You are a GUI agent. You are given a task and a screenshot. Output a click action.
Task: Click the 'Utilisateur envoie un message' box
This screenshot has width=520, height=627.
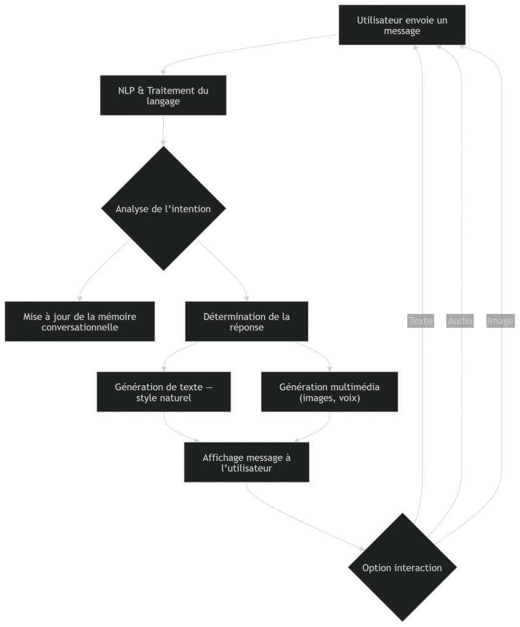402,25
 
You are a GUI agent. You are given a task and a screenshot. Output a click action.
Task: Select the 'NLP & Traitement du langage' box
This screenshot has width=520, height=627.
163,96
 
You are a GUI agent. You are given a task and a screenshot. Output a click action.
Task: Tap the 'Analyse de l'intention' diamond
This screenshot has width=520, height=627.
163,209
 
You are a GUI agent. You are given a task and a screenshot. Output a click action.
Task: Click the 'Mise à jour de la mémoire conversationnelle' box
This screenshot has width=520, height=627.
80,321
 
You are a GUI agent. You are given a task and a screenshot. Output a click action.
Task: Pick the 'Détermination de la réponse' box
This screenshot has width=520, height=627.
246,321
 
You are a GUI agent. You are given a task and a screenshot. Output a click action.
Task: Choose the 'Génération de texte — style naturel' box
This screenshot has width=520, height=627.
164,392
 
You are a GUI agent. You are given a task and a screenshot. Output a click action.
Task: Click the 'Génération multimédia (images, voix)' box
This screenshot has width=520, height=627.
330,392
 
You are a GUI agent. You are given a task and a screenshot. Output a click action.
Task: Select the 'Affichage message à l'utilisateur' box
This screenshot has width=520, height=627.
246,463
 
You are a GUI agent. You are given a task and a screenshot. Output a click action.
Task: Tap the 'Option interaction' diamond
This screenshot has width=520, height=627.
402,568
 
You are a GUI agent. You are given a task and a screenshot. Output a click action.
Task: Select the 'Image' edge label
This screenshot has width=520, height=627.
500,321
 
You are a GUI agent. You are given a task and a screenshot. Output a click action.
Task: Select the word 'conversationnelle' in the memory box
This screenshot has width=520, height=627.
80,328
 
